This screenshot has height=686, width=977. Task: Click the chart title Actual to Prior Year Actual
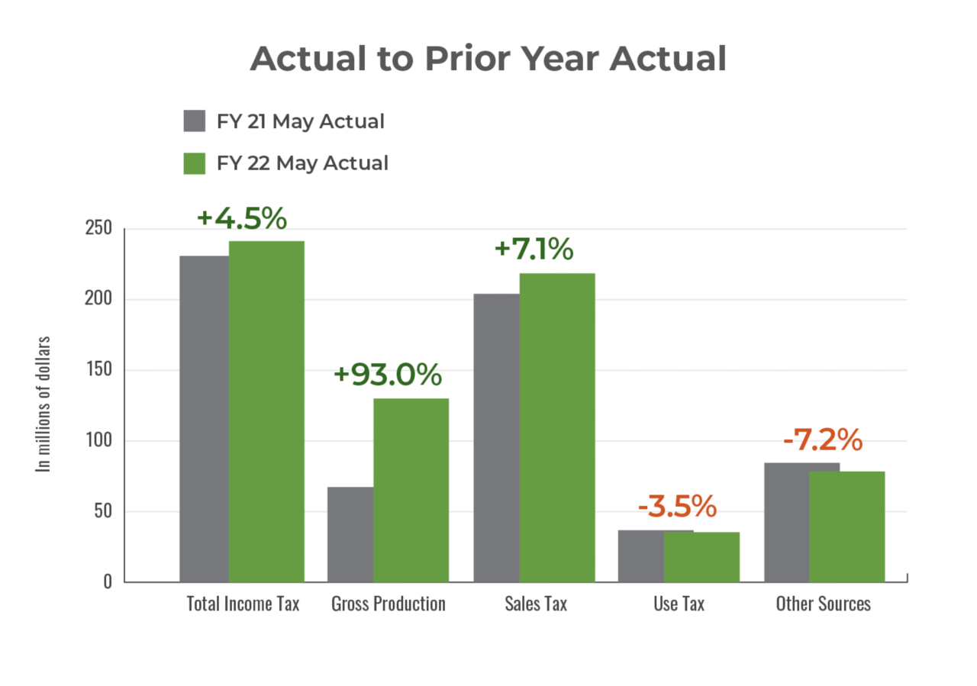488,59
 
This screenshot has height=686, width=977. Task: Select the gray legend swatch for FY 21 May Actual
195,121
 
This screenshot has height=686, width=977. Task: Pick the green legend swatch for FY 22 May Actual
195,163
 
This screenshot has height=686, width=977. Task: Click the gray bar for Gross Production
349,534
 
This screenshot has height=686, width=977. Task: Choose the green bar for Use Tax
701,556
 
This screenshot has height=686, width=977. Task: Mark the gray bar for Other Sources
785,522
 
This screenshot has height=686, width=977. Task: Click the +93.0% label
388,375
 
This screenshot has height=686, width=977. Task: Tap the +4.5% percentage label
241,218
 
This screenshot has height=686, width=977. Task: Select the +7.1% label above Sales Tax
534,250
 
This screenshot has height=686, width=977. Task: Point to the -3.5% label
676,505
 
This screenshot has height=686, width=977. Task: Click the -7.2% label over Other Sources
823,440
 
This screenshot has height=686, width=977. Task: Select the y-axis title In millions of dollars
45,404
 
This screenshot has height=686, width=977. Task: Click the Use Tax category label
679,604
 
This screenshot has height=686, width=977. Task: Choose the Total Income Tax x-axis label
243,604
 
